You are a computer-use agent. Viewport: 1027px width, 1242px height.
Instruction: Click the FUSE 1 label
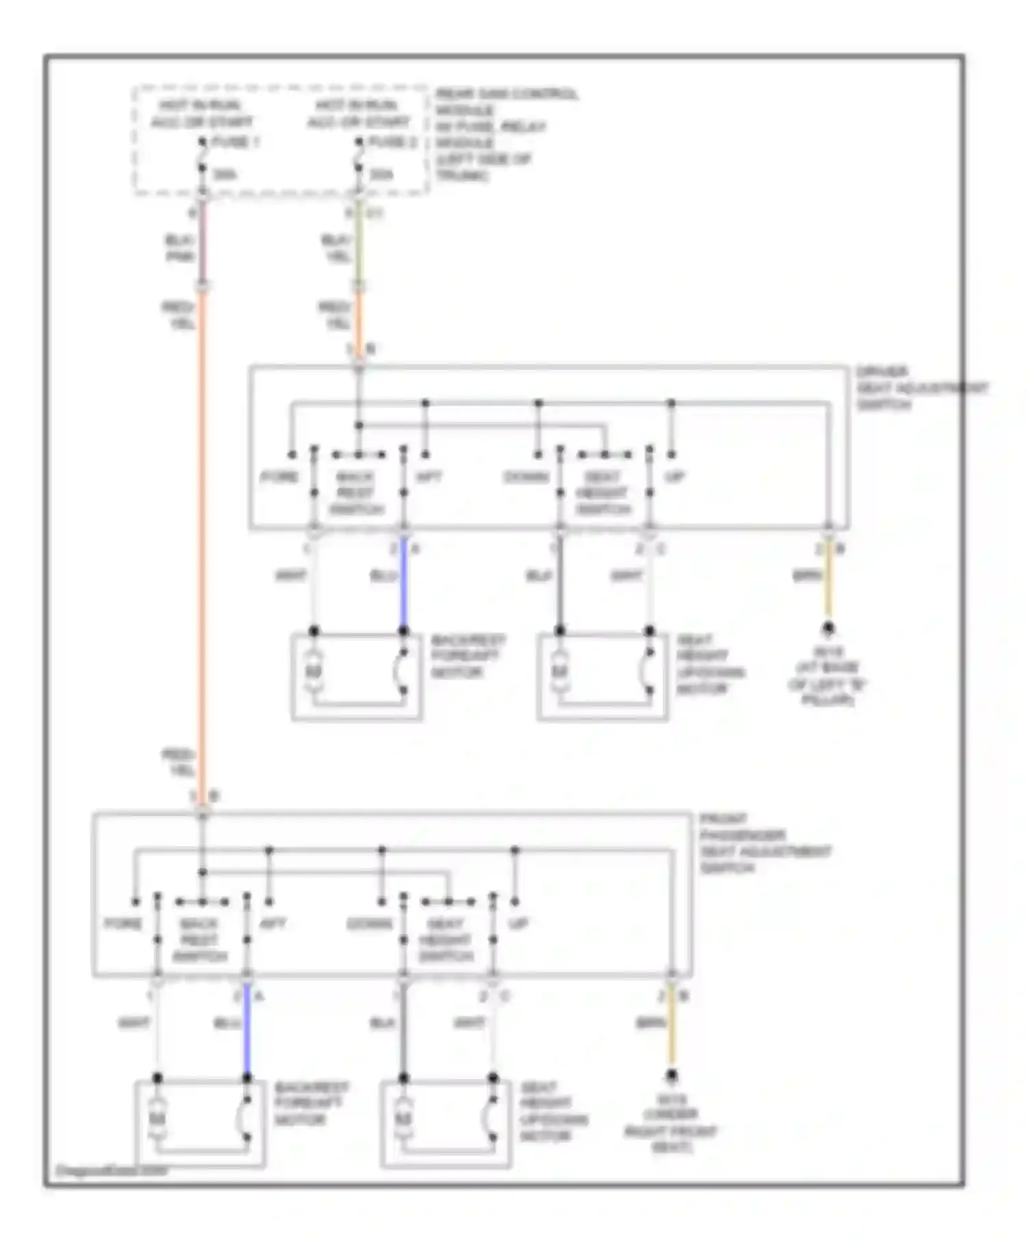[x=236, y=142]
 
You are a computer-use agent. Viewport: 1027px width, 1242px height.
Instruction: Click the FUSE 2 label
[x=392, y=142]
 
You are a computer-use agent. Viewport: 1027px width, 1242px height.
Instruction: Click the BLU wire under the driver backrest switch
[x=404, y=582]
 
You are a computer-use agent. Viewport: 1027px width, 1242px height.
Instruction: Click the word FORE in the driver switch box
[x=279, y=477]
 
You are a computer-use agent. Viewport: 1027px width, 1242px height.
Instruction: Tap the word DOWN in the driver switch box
[x=526, y=477]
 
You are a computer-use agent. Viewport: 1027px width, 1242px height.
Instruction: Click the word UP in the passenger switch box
[x=518, y=924]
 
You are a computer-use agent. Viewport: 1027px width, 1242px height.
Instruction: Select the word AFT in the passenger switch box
[x=272, y=924]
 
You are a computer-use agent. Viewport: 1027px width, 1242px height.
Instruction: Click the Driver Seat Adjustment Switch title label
[x=921, y=388]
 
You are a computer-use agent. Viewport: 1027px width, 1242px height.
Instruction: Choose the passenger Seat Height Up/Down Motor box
[x=446, y=1123]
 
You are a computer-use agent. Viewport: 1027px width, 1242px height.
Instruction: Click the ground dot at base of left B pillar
[x=828, y=627]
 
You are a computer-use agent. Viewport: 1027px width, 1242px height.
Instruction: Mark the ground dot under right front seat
[x=672, y=1075]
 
